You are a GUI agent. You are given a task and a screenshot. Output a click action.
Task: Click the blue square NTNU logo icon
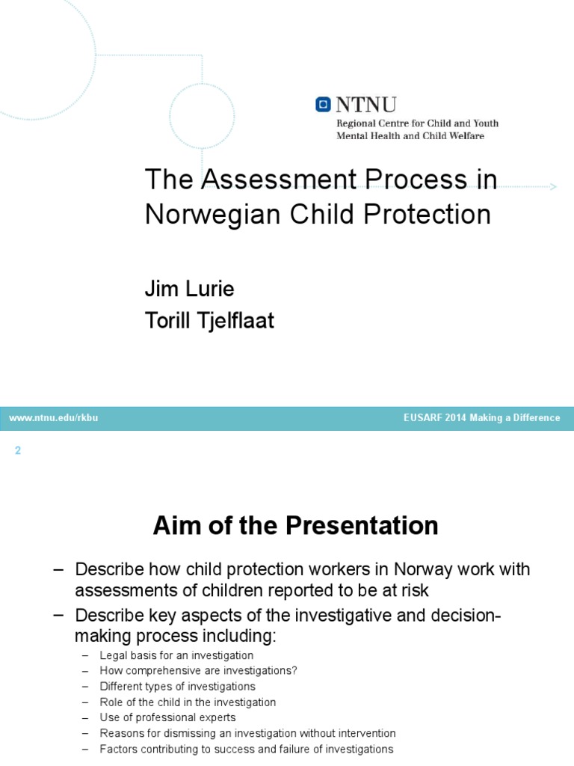point(324,105)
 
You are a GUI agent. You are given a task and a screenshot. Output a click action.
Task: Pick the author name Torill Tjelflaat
point(209,321)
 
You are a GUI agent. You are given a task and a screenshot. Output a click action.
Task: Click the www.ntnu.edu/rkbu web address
point(53,418)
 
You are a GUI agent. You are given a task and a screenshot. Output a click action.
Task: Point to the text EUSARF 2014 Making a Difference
point(481,418)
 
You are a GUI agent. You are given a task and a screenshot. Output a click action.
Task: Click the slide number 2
point(18,450)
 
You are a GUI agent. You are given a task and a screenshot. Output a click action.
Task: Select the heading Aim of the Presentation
point(295,526)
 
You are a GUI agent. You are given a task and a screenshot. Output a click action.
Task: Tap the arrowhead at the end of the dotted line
point(553,186)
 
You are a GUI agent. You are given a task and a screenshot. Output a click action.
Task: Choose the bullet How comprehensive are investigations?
point(198,671)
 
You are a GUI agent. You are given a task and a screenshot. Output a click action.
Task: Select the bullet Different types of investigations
point(177,687)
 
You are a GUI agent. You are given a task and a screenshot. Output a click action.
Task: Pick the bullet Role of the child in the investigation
point(188,702)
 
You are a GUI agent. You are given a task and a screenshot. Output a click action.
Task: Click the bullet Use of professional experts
point(167,718)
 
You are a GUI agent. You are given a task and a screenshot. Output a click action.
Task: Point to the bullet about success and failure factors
point(246,750)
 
